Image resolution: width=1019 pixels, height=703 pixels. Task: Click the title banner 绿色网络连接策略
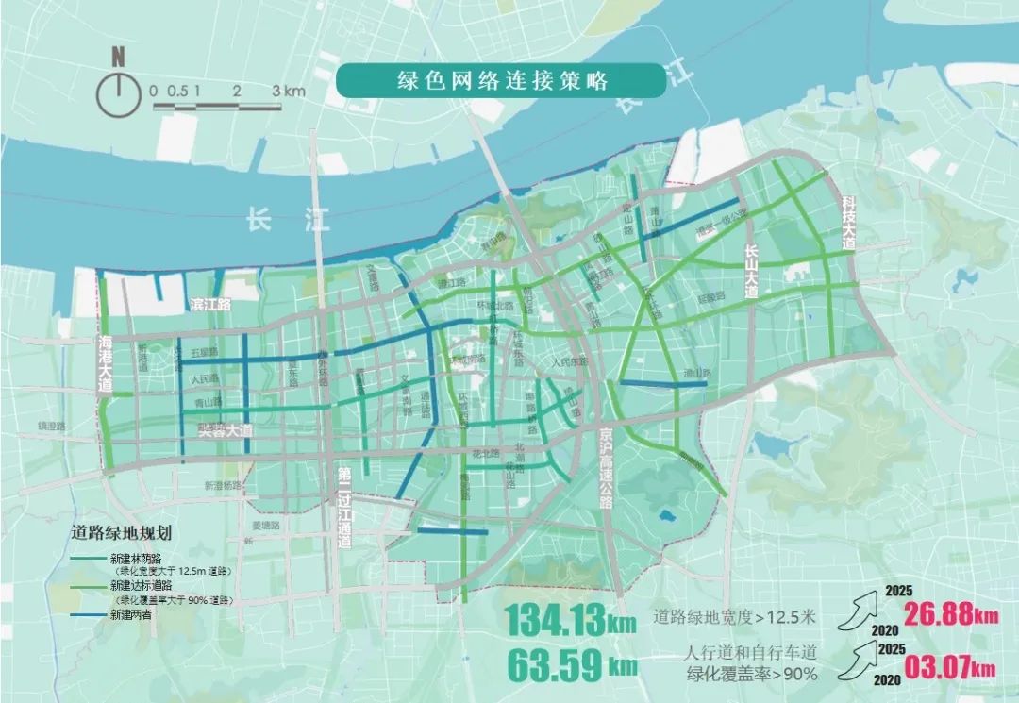pos(488,81)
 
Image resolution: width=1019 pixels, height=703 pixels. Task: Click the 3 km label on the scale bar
pos(290,92)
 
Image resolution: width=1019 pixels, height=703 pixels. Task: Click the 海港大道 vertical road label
pos(105,364)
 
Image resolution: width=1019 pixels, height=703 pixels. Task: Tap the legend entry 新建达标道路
pos(142,586)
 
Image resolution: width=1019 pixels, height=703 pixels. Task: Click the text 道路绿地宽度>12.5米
pos(736,619)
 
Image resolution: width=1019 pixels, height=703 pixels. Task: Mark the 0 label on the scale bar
pos(153,92)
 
